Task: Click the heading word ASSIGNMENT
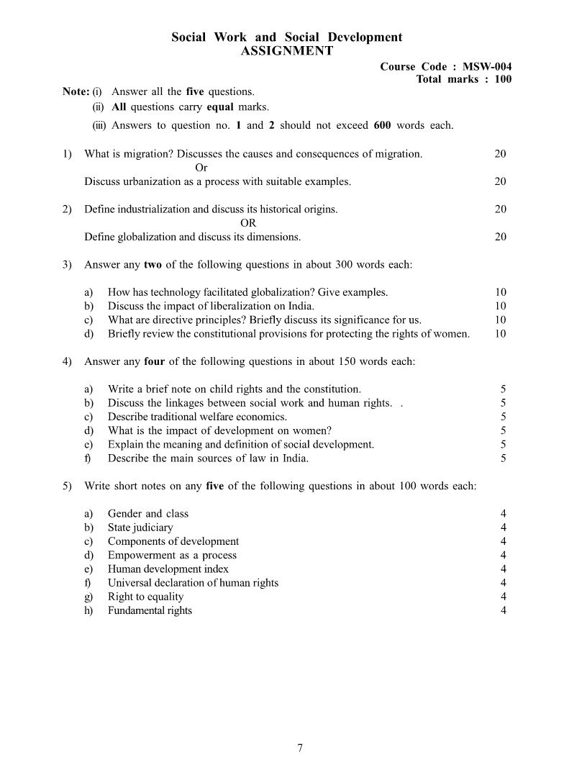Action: (x=286, y=51)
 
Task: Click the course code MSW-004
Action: (x=488, y=66)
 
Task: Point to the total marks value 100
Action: (x=503, y=79)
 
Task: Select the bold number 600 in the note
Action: (x=382, y=125)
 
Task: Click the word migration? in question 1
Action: (x=149, y=153)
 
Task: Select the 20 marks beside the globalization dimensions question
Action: (x=500, y=237)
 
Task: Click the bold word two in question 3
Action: (x=153, y=265)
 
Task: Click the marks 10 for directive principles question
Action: (x=500, y=320)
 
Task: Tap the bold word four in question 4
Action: (x=155, y=361)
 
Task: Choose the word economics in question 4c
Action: (x=263, y=417)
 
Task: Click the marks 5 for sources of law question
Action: (x=503, y=458)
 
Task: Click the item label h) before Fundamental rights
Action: (x=88, y=611)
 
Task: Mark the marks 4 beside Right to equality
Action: (x=503, y=597)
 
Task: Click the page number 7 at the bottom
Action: (x=299, y=748)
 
